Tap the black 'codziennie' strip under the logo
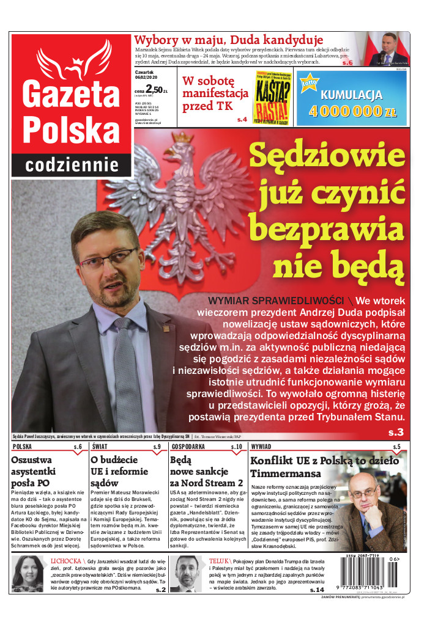pyautogui.click(x=72, y=164)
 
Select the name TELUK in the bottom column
pyautogui.click(x=218, y=560)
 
